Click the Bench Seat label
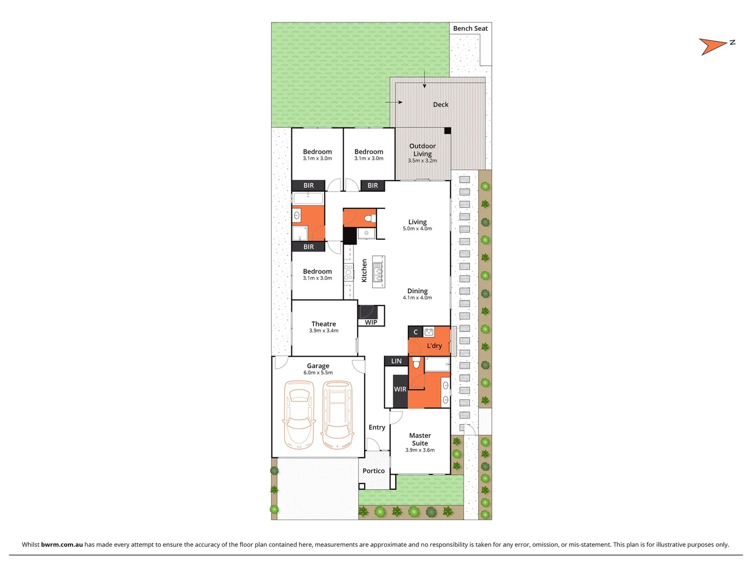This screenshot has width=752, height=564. (x=470, y=29)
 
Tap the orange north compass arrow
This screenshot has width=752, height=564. (x=712, y=46)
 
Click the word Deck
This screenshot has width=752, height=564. (x=440, y=104)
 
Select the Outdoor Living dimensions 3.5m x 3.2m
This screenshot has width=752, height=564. (x=422, y=161)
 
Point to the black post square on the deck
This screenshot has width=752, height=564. (x=448, y=131)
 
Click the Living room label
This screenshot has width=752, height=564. (x=417, y=222)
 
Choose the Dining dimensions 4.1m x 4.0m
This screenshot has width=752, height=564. (x=417, y=298)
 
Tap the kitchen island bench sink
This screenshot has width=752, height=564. (x=379, y=272)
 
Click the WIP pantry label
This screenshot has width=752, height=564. (x=371, y=322)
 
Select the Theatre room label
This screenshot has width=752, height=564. (x=323, y=324)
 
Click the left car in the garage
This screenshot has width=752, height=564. (x=299, y=415)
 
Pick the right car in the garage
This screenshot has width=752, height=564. (x=337, y=415)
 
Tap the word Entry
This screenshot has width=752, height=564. (x=377, y=427)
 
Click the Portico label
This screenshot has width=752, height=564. (x=373, y=471)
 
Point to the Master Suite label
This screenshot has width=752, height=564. (x=420, y=439)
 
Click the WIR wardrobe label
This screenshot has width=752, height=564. (x=400, y=389)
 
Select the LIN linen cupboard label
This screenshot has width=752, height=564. (x=396, y=361)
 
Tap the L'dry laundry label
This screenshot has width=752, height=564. (x=434, y=346)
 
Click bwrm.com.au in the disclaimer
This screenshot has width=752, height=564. (x=62, y=544)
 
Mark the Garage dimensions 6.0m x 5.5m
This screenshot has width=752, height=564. (x=318, y=373)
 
